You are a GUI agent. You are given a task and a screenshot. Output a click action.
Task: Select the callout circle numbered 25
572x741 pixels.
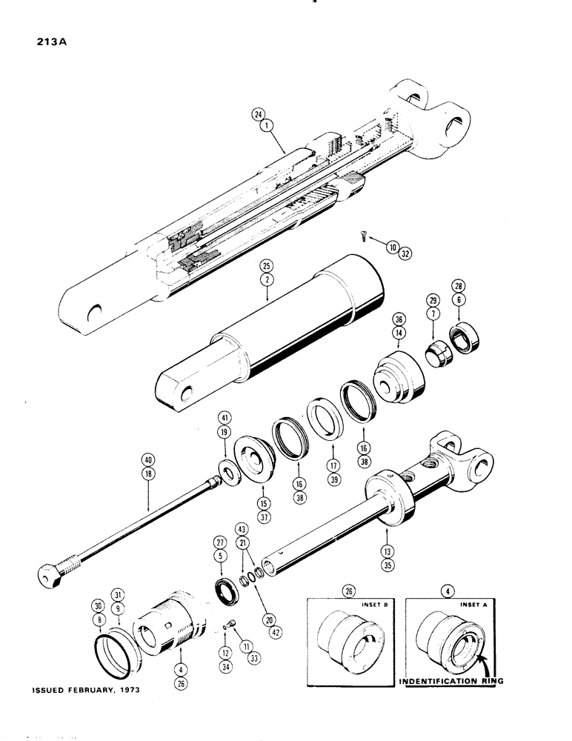(x=266, y=265)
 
